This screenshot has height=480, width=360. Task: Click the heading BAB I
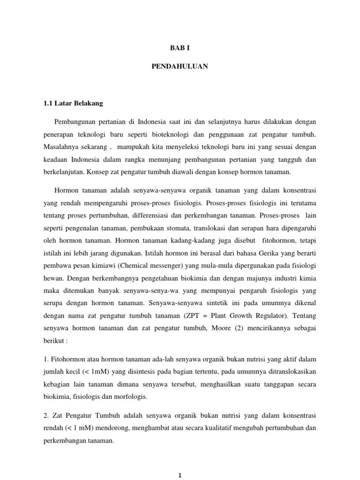(x=180, y=48)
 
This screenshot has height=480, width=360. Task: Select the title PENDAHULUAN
(x=180, y=67)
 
